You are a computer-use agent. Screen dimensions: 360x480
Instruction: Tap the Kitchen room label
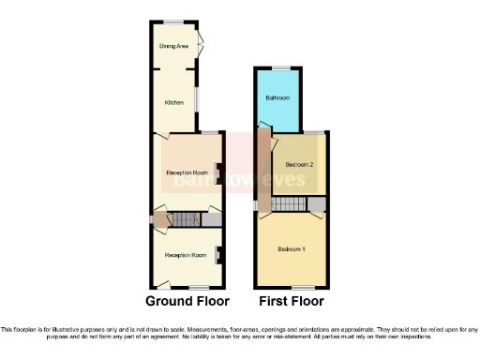(x=173, y=102)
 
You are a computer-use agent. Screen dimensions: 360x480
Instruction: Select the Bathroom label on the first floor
(x=277, y=98)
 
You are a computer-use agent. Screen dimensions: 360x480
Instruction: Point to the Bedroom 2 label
(x=299, y=164)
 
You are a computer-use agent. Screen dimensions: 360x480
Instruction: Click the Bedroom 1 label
(x=292, y=249)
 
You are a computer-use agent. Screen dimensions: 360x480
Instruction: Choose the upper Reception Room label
(x=186, y=173)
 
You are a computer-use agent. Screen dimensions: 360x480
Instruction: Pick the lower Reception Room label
(x=185, y=256)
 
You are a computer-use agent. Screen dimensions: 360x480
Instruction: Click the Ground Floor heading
(x=187, y=302)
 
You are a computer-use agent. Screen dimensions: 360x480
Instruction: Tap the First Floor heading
(x=292, y=302)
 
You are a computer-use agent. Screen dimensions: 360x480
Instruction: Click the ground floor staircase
(x=187, y=220)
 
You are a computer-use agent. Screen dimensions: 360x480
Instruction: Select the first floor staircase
(x=291, y=204)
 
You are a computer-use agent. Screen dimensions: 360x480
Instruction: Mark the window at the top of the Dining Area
(x=173, y=22)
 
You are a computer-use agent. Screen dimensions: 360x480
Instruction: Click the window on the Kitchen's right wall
(x=196, y=98)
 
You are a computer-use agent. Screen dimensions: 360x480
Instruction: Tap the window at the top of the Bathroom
(x=278, y=67)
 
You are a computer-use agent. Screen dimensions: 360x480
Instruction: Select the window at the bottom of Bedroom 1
(x=300, y=287)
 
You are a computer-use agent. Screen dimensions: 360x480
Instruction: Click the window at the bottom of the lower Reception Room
(x=199, y=287)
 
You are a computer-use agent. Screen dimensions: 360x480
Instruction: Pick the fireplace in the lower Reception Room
(x=219, y=253)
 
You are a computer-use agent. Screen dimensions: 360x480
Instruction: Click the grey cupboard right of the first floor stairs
(x=316, y=204)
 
